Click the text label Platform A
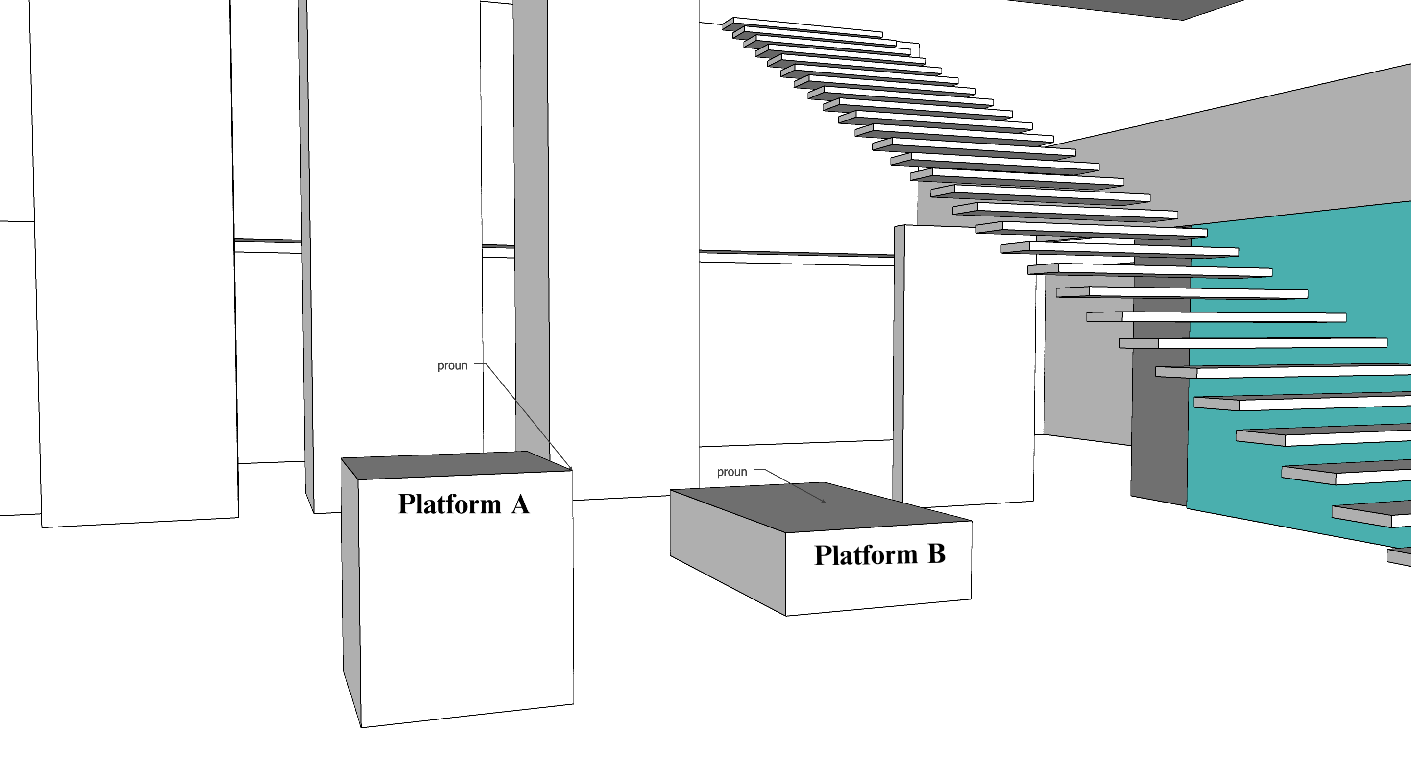pyautogui.click(x=463, y=504)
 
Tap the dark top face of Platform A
pyautogui.click(x=455, y=465)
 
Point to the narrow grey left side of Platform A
pyautogui.click(x=351, y=591)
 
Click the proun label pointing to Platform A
pyautogui.click(x=452, y=366)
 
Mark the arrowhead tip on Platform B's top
pyautogui.click(x=825, y=502)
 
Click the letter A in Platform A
pyautogui.click(x=520, y=504)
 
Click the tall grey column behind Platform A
pyautogui.click(x=531, y=219)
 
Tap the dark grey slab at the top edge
pyautogui.click(x=1123, y=6)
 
